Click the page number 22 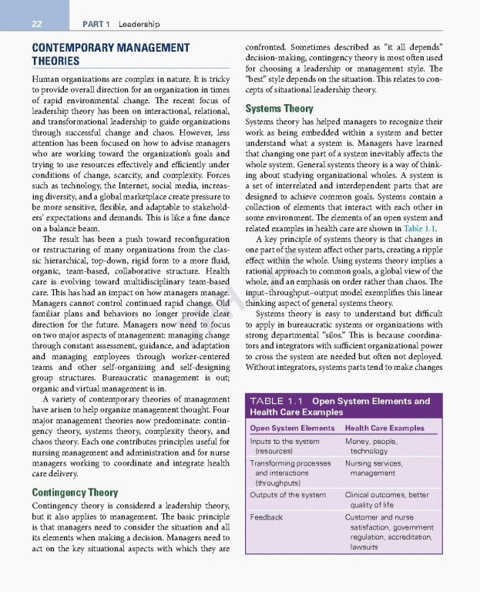point(36,24)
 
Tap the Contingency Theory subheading point(75,492)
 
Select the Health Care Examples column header point(384,428)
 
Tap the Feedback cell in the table point(267,517)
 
